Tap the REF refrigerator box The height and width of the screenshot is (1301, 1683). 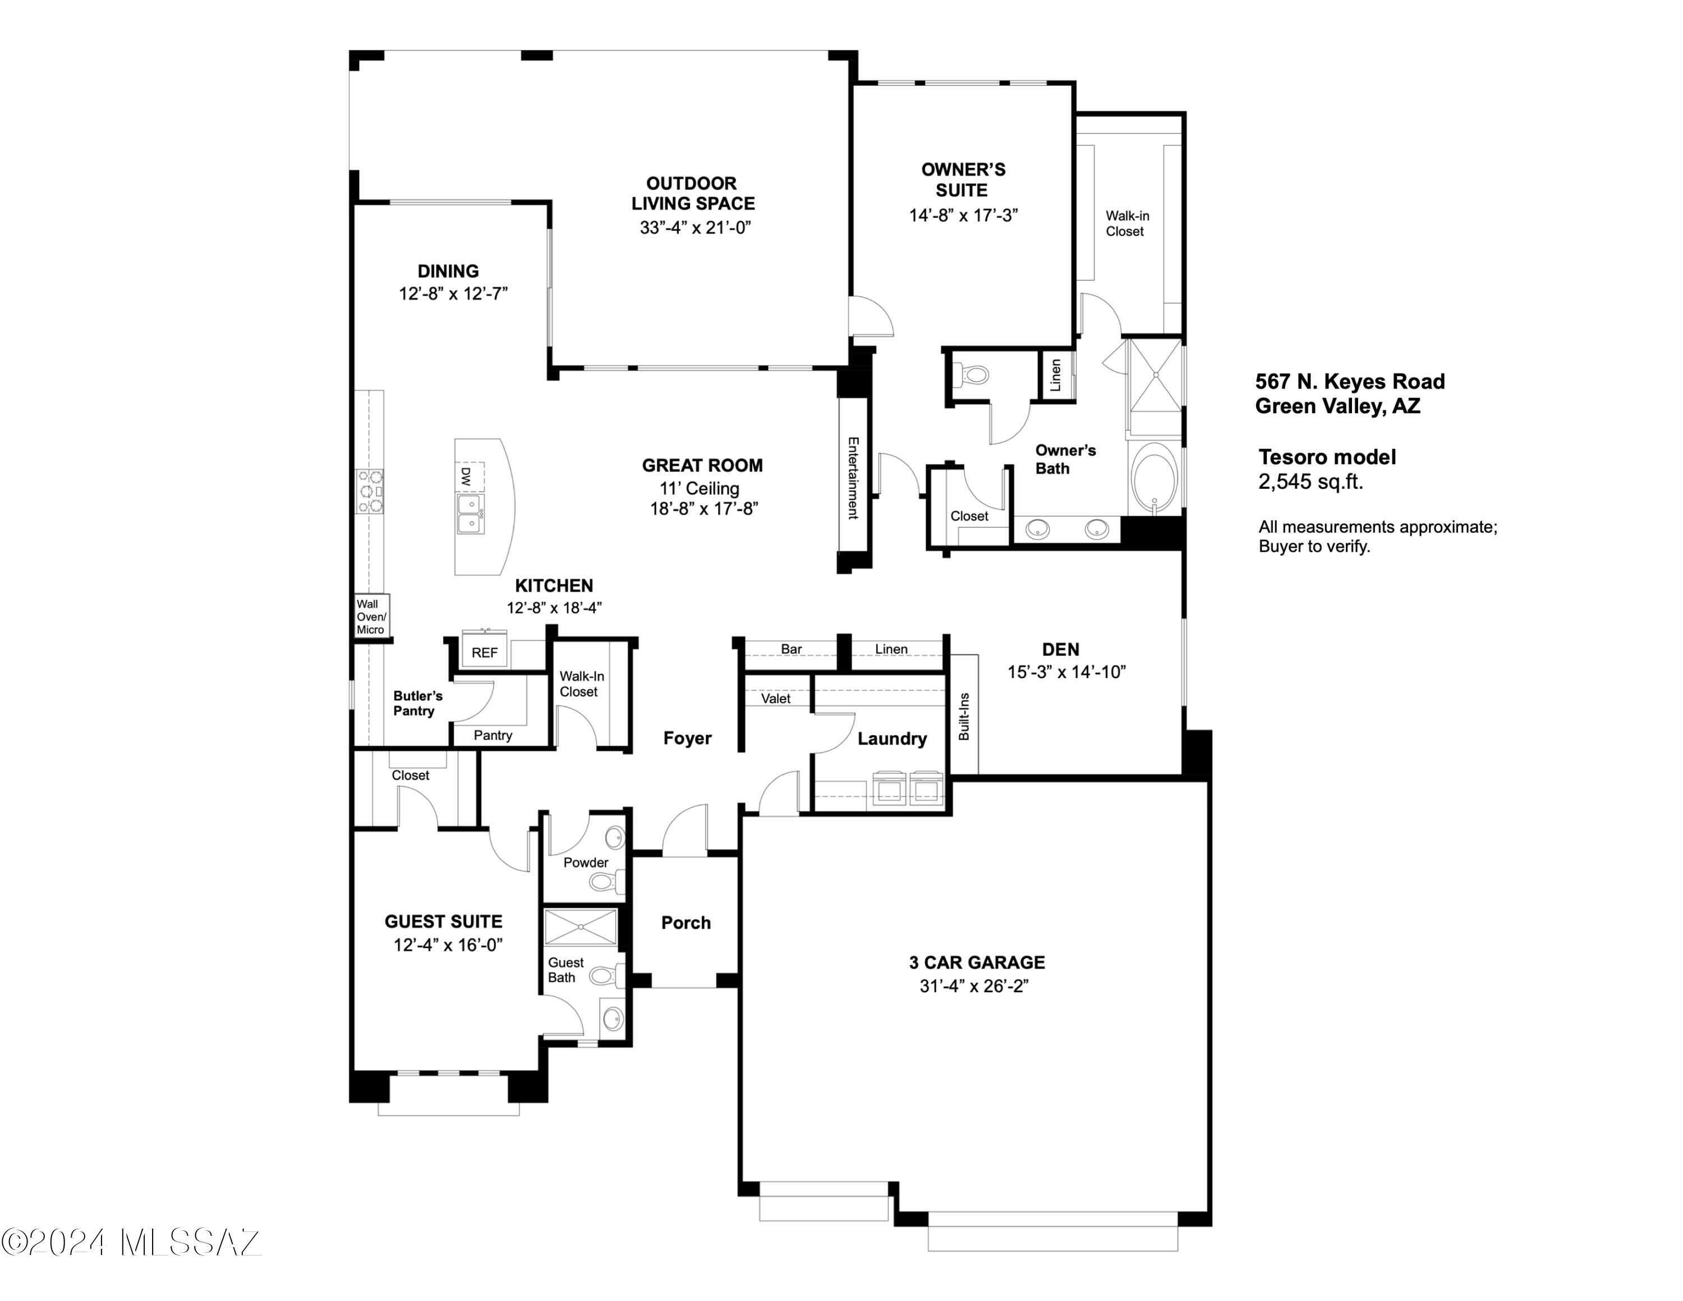485,652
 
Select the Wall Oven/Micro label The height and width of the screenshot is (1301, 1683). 371,617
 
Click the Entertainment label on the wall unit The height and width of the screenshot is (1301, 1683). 853,478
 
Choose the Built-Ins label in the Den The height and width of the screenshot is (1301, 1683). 964,717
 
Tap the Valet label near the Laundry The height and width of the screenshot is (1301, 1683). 775,698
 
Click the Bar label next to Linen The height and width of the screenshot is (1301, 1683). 792,649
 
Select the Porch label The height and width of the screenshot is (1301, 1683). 686,923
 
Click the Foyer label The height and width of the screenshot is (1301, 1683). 687,739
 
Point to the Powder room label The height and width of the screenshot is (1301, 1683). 586,863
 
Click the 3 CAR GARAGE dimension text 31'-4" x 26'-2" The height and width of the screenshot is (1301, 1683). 974,986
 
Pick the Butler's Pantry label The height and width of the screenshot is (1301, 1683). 418,703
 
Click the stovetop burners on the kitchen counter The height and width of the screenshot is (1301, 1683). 369,491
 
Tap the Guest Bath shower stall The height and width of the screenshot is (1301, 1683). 580,927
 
